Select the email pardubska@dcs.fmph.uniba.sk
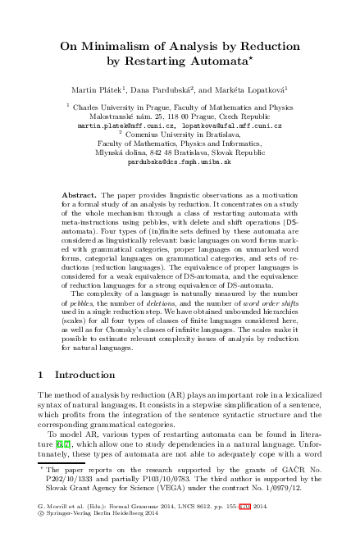pos(180,162)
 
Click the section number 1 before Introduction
pos(41,374)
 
